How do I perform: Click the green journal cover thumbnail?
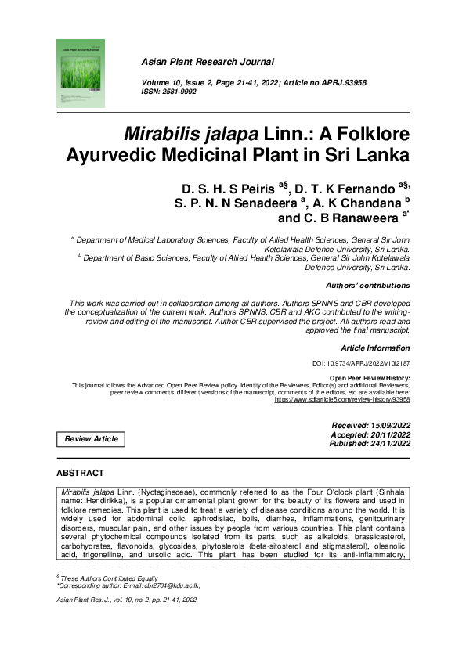coord(79,73)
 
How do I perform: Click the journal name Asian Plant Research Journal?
coord(207,61)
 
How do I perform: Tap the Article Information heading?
coord(375,348)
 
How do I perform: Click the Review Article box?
coord(91,439)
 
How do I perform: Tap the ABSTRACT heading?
coord(81,473)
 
